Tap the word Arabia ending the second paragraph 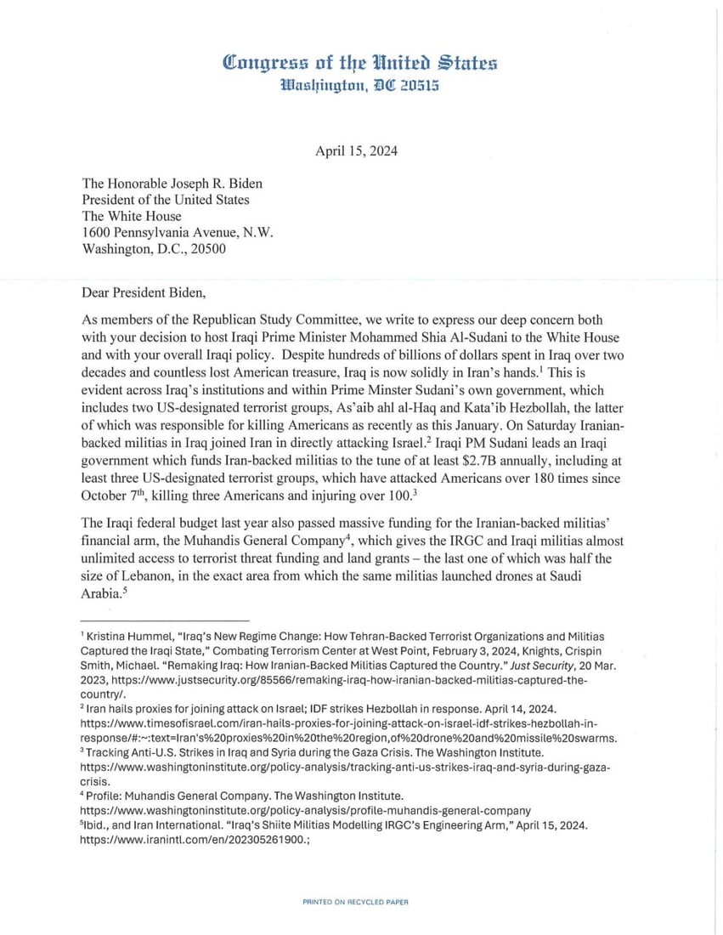100,594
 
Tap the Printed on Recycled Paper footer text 355,902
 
